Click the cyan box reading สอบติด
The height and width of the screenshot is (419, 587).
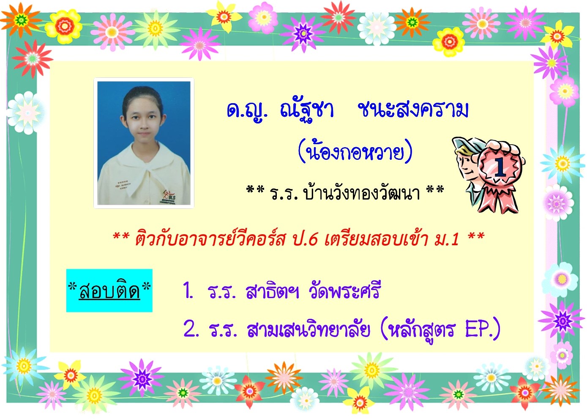click(x=109, y=290)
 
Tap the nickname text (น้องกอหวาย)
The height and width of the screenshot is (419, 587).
click(x=355, y=152)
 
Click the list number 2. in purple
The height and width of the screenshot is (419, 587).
click(x=191, y=330)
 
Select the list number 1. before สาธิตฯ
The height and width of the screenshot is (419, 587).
click(x=188, y=291)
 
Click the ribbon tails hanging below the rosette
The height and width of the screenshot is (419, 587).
click(x=498, y=198)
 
